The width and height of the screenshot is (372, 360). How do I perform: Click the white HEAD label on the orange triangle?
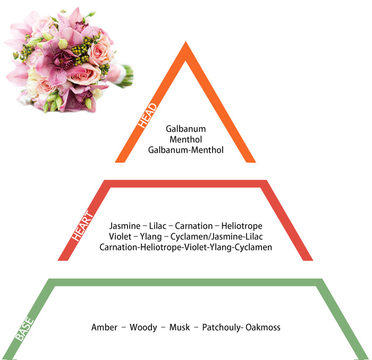click(x=147, y=115)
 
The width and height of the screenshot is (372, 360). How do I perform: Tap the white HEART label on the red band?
click(x=82, y=226)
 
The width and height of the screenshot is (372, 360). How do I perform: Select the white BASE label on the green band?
click(x=24, y=329)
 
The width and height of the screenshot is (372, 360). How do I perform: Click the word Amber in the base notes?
click(x=104, y=327)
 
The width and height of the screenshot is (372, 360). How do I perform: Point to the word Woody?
click(x=143, y=328)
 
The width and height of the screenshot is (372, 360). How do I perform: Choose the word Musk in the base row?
click(x=180, y=327)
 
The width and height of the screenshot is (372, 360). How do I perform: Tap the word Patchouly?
click(x=222, y=328)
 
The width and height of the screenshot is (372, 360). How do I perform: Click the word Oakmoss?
click(x=263, y=327)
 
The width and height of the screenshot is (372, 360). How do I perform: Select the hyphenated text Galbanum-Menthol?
click(x=186, y=150)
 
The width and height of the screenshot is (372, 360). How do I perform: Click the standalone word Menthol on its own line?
click(x=186, y=139)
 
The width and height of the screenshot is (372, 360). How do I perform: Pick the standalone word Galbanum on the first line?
click(x=186, y=129)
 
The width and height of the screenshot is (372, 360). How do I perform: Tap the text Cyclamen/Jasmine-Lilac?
click(x=217, y=237)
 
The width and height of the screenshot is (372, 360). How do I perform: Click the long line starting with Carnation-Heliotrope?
click(x=186, y=247)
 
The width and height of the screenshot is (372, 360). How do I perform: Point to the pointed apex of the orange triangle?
click(x=186, y=42)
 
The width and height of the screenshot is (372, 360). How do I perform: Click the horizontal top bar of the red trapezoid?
click(x=185, y=183)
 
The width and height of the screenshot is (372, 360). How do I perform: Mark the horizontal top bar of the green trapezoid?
click(x=185, y=282)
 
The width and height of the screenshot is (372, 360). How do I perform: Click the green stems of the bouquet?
click(x=127, y=76)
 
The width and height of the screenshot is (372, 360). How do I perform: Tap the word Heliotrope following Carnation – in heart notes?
click(x=242, y=226)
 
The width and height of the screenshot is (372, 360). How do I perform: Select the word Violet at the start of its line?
click(x=120, y=237)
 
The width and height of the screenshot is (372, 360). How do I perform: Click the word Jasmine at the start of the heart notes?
click(x=125, y=226)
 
